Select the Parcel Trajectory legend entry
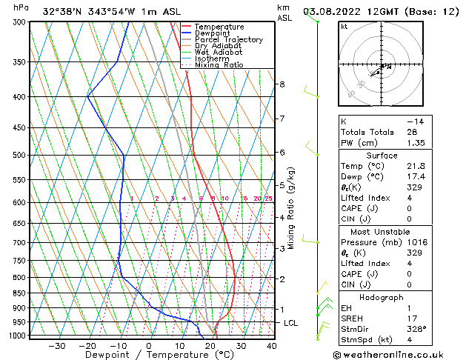tap(228, 39)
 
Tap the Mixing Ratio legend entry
tap(219, 65)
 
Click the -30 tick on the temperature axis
tap(56, 345)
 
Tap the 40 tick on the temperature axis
tap(271, 345)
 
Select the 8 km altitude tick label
tap(282, 84)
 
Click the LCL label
tap(291, 324)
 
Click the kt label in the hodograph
tap(344, 27)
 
